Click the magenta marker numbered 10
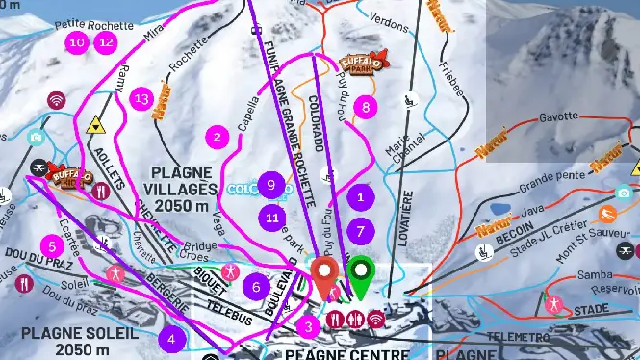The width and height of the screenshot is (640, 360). click(77, 42)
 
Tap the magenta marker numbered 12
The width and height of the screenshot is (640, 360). click(106, 42)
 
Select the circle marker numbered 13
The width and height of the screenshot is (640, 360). click(142, 97)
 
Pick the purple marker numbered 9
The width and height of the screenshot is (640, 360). click(272, 183)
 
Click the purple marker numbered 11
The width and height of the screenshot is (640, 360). click(272, 217)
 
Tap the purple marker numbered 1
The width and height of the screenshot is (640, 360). click(360, 196)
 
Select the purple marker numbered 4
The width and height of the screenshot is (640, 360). click(171, 338)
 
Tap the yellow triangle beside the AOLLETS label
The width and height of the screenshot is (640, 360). click(95, 124)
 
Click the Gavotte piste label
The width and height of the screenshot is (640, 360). click(558, 116)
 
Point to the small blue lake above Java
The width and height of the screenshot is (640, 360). click(499, 207)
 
